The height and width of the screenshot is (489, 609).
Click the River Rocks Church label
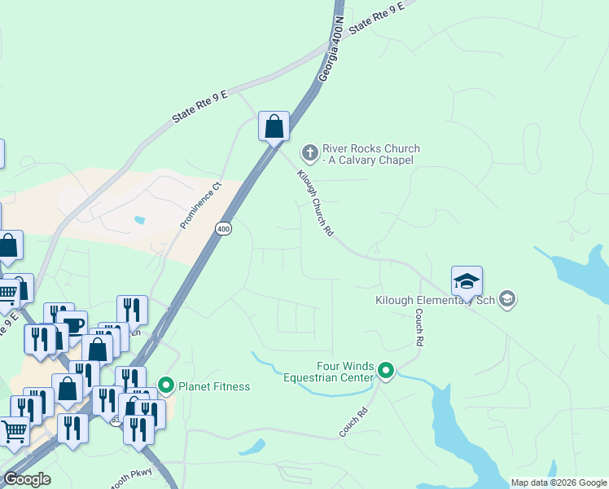[370, 154]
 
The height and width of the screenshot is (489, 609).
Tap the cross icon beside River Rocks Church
[309, 152]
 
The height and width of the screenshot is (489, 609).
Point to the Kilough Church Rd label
[315, 203]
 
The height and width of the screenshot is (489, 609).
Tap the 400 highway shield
[224, 230]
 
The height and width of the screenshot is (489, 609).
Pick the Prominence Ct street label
[200, 205]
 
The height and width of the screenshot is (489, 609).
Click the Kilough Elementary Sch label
[435, 300]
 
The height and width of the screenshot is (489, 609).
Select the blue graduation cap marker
[467, 281]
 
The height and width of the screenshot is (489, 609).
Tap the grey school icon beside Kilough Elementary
[507, 299]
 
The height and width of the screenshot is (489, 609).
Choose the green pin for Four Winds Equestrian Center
[386, 372]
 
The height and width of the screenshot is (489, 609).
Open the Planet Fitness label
[214, 386]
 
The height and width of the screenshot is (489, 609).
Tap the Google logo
[27, 479]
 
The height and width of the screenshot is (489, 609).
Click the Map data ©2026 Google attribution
[559, 482]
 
